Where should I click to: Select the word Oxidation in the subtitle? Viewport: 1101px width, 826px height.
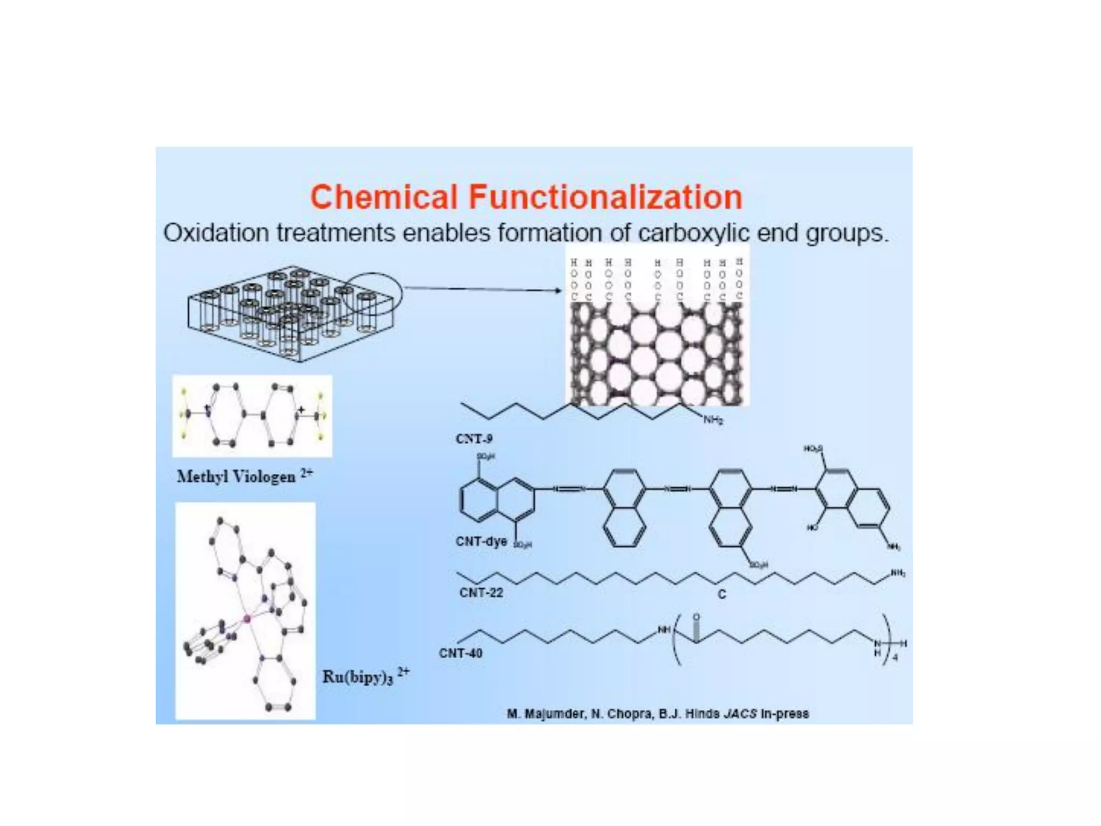click(x=216, y=233)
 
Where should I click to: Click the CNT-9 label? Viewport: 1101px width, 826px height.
click(x=474, y=439)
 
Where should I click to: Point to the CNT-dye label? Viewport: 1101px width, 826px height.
click(x=481, y=541)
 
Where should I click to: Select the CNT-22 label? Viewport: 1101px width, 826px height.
click(x=481, y=593)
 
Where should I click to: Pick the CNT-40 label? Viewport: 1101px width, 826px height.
click(x=461, y=653)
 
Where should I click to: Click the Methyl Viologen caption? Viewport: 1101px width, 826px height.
click(x=237, y=476)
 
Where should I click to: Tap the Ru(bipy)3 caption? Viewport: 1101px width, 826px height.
click(x=358, y=677)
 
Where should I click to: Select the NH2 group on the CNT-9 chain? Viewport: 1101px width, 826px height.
click(x=713, y=421)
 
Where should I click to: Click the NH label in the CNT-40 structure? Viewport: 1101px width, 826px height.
click(x=664, y=630)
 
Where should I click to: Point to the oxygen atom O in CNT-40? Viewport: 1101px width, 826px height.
click(x=697, y=617)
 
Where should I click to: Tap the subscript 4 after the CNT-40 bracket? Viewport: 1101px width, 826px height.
click(x=895, y=657)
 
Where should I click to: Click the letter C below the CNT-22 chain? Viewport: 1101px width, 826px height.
click(x=722, y=594)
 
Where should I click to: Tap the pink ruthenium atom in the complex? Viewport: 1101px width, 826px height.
click(x=247, y=619)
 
